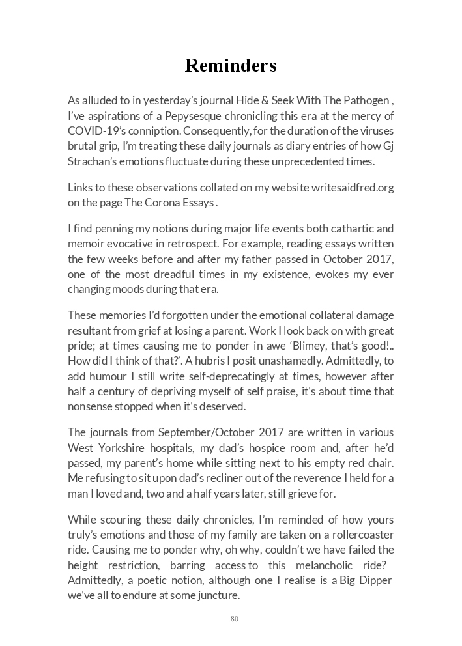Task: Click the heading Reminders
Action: coord(231,66)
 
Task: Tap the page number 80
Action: coord(235,619)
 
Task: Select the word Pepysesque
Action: coord(188,116)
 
